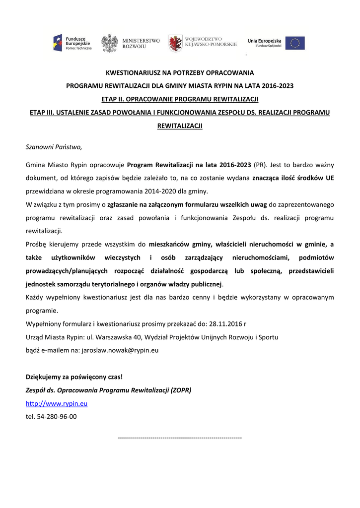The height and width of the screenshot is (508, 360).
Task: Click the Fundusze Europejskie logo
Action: pos(72,43)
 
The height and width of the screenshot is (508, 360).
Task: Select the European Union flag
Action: pos(295,43)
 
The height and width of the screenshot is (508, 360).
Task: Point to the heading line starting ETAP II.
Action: pos(180,99)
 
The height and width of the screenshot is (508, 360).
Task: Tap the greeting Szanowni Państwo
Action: pos(54,147)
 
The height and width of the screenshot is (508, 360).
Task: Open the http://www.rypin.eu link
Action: pos(57,404)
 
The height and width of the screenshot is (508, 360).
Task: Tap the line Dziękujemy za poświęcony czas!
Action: pos(74,377)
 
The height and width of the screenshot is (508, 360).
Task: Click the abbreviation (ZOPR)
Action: pos(181,390)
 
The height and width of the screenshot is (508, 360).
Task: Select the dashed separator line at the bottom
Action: pos(180,438)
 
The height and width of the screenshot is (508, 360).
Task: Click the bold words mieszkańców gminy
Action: pos(180,244)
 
